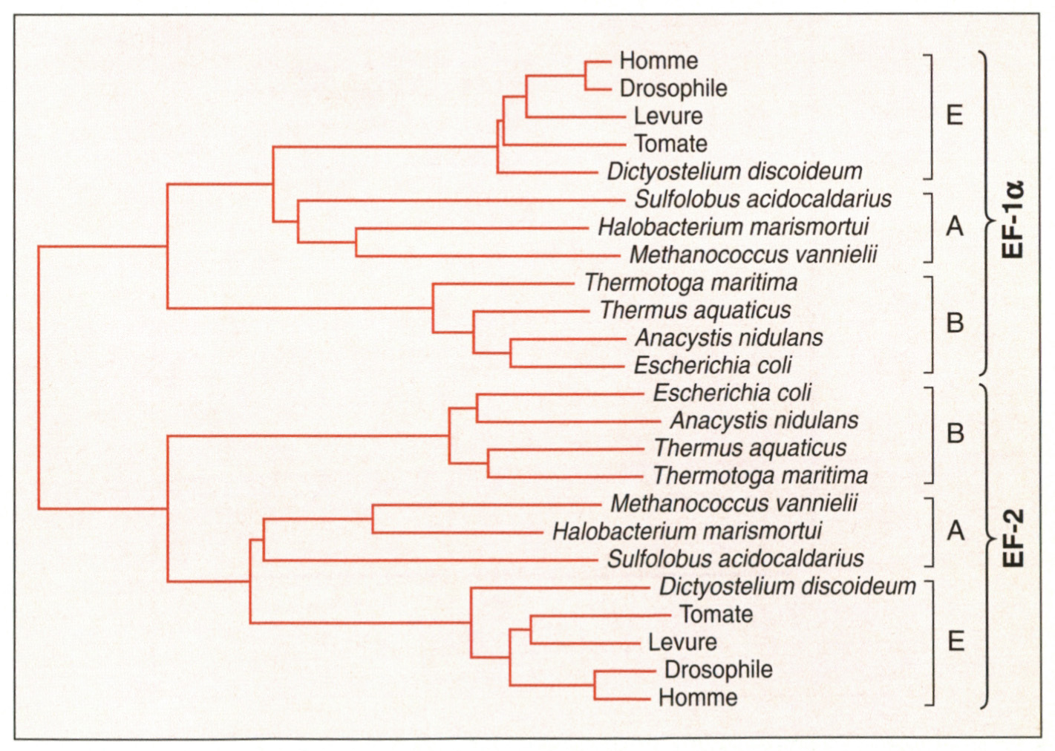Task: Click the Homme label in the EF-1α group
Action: [659, 61]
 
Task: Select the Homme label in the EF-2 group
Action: [698, 698]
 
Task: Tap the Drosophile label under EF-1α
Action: [673, 89]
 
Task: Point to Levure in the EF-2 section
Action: [682, 643]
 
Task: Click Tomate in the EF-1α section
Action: [670, 144]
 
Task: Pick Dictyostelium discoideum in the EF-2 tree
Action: [787, 587]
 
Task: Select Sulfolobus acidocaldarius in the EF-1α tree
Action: [763, 199]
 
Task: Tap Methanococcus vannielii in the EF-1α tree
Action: [754, 255]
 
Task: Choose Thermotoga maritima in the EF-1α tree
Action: [691, 283]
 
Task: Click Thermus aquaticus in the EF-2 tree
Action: [751, 448]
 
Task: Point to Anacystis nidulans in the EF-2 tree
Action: [764, 421]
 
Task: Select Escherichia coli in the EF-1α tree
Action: [713, 366]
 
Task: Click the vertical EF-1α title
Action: [1013, 220]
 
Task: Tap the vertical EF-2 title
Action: [1013, 539]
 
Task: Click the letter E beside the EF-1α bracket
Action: [955, 115]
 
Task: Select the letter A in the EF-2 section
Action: [956, 531]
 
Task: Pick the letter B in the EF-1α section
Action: [956, 324]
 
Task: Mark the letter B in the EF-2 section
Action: [956, 433]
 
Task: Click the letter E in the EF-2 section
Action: [956, 642]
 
